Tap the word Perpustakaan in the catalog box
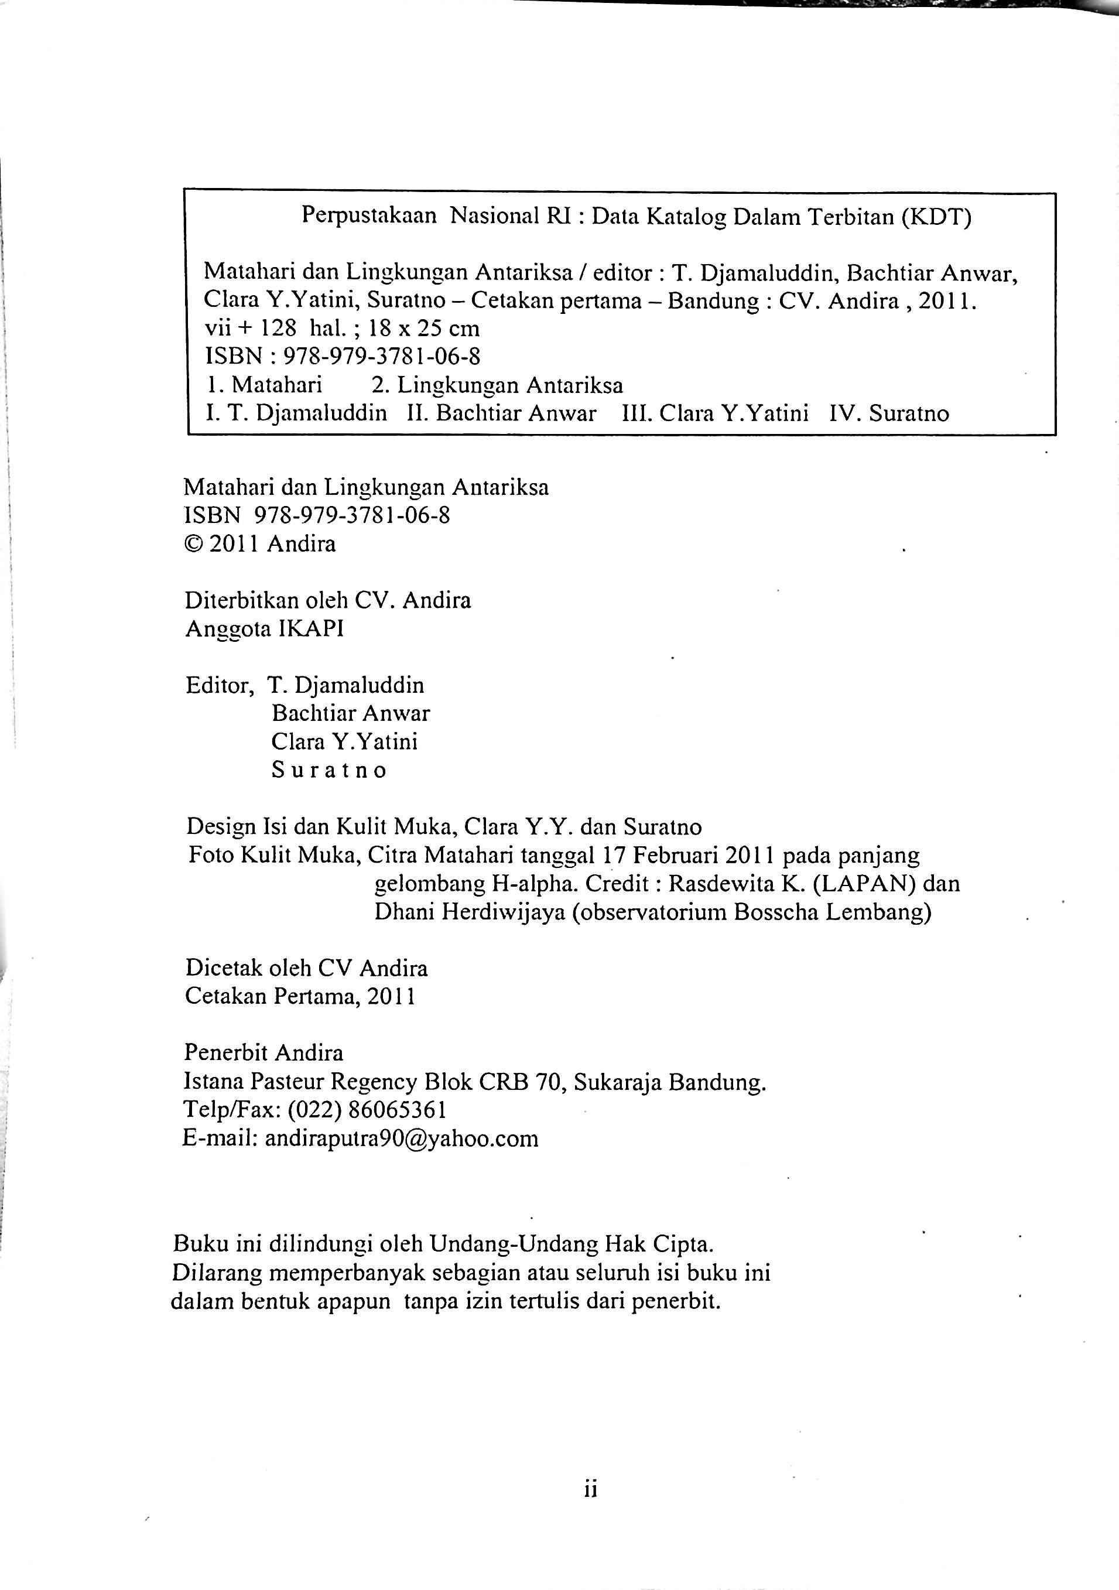[x=369, y=217]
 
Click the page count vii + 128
[x=251, y=329]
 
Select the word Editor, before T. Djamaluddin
[x=219, y=686]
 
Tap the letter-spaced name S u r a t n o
[x=329, y=771]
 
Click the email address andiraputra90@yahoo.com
[x=402, y=1138]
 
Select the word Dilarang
[x=215, y=1273]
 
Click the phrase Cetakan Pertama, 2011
[x=300, y=997]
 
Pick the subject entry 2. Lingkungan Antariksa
[x=497, y=385]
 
